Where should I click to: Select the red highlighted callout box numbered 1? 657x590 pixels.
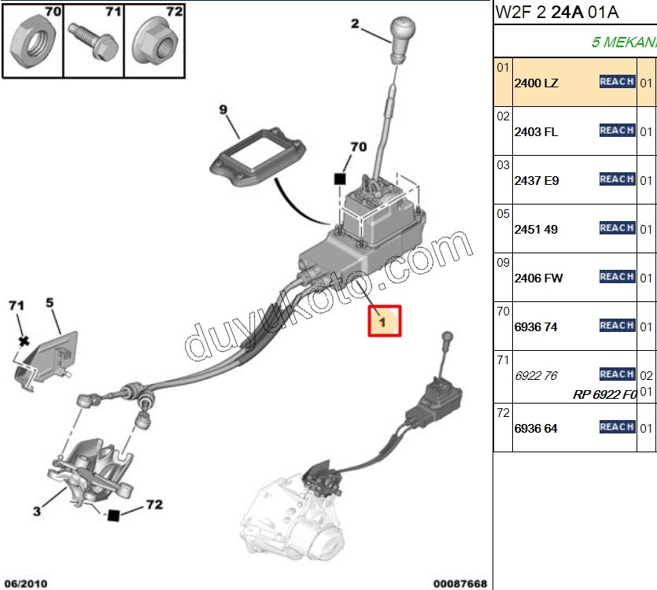click(x=385, y=321)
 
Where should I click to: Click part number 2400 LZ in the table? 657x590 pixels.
click(x=536, y=83)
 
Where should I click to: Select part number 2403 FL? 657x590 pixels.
click(x=536, y=131)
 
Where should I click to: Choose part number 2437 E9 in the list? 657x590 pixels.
click(x=537, y=180)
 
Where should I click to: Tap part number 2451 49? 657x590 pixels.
click(x=536, y=229)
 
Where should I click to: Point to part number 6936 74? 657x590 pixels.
click(x=536, y=326)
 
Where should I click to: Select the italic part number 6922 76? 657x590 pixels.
click(x=536, y=375)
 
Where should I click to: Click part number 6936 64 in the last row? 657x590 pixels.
click(x=536, y=428)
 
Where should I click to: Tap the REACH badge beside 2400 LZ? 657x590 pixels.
click(x=617, y=82)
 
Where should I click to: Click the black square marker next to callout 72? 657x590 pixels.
click(x=114, y=515)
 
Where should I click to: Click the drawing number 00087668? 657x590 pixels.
click(x=460, y=583)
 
